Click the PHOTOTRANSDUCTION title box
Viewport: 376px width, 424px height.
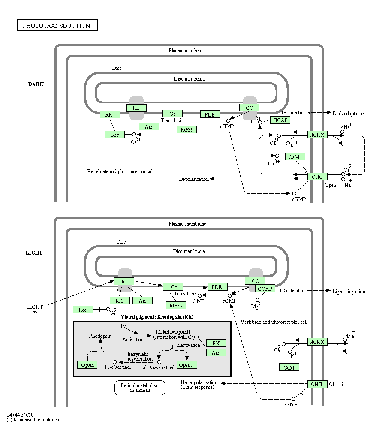[x=57, y=26]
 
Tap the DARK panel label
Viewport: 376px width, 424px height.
[x=36, y=84]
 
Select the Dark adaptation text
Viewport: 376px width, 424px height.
[x=349, y=114]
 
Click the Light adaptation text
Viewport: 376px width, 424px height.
[x=349, y=292]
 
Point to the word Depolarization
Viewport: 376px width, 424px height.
[x=194, y=179]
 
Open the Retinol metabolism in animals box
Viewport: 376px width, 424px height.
[x=140, y=388]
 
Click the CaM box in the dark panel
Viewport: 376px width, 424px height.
[x=294, y=157]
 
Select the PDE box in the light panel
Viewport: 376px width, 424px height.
[x=217, y=287]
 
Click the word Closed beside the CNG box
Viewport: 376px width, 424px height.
[x=336, y=385]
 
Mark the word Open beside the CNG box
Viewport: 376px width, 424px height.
[x=330, y=186]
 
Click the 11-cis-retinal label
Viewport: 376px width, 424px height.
[x=118, y=367]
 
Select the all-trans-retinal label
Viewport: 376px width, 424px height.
[x=159, y=367]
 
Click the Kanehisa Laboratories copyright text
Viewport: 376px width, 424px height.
[x=33, y=420]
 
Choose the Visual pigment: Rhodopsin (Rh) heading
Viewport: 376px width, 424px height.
[x=157, y=317]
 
